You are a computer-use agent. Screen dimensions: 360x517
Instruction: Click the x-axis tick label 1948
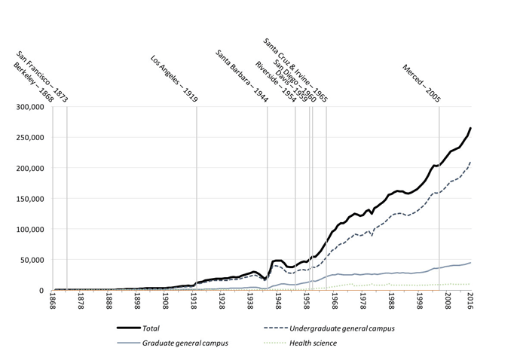tap(278, 304)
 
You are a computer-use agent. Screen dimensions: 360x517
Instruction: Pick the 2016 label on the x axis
tap(470, 304)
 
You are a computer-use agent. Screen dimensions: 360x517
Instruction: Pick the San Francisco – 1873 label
tap(42, 78)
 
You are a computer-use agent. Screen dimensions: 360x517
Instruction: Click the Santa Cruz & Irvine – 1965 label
tap(295, 69)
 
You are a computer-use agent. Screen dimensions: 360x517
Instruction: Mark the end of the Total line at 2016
tap(471, 129)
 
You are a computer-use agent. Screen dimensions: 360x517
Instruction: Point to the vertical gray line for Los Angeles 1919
tap(197, 196)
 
